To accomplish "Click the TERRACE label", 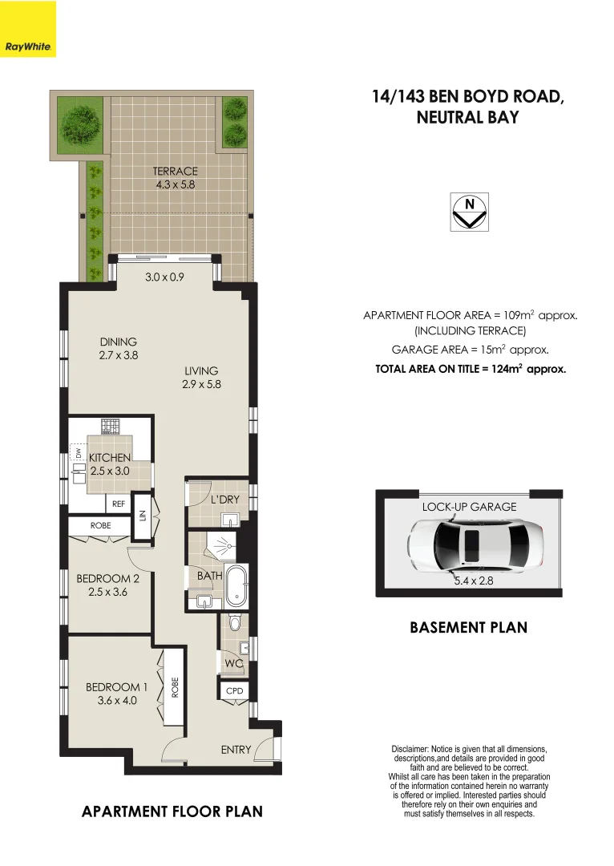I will pyautogui.click(x=176, y=171).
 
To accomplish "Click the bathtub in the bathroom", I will pyautogui.click(x=236, y=586).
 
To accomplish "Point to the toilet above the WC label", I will pyautogui.click(x=234, y=622).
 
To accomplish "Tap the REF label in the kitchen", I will pyautogui.click(x=119, y=504).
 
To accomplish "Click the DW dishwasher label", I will pyautogui.click(x=79, y=455).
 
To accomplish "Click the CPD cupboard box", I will pyautogui.click(x=234, y=690).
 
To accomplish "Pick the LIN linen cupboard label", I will pyautogui.click(x=143, y=514).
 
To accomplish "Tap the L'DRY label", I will pyautogui.click(x=225, y=500).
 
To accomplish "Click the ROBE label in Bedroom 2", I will pyautogui.click(x=100, y=526).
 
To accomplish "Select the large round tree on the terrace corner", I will pyautogui.click(x=80, y=122).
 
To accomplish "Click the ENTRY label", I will pyautogui.click(x=236, y=750).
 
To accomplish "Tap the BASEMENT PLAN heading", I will pyautogui.click(x=468, y=627).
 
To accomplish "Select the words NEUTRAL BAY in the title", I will pyautogui.click(x=468, y=117).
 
